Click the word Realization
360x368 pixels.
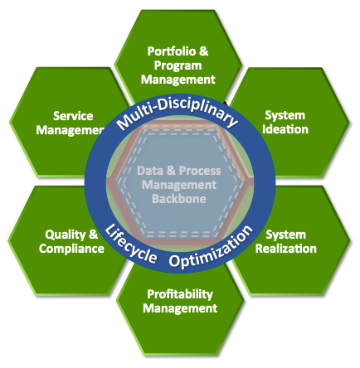286,248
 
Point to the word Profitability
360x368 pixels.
180,294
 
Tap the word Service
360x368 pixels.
73,116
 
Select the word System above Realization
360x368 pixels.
286,234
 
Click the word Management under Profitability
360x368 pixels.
180,308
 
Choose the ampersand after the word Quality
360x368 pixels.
93,235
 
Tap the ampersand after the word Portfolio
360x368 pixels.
204,51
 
